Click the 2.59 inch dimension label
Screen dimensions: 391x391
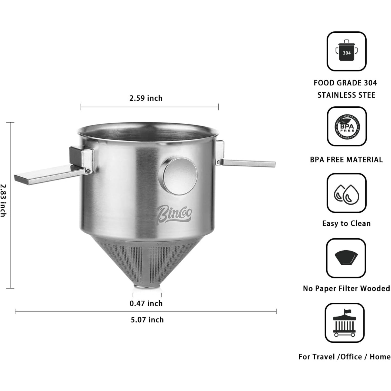click(x=146, y=98)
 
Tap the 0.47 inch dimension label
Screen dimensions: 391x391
click(x=146, y=303)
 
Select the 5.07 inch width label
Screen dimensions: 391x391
click(x=147, y=320)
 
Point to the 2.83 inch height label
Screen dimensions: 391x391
click(x=3, y=200)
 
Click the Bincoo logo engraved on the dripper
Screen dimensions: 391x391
click(x=175, y=213)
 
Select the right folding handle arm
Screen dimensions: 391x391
click(x=248, y=163)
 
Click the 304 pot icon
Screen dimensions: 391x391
click(x=346, y=51)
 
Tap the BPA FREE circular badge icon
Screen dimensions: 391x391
click(x=347, y=126)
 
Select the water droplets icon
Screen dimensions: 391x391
click(x=347, y=193)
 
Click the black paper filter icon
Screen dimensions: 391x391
click(x=346, y=258)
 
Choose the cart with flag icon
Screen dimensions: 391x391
click(x=344, y=323)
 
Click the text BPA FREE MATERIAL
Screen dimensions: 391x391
click(x=346, y=159)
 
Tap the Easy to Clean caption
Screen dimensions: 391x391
click(x=346, y=223)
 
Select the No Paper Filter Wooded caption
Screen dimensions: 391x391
click(x=346, y=288)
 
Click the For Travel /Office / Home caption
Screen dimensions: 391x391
click(x=344, y=357)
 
